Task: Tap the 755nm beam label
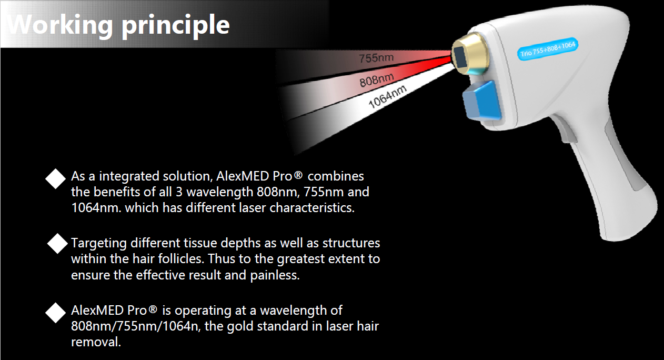click(376, 58)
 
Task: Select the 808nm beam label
click(377, 80)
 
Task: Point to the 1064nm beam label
click(387, 97)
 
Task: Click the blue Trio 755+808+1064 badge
click(548, 49)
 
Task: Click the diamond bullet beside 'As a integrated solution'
click(55, 179)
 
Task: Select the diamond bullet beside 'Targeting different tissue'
click(57, 244)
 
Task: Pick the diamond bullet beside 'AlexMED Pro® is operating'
click(55, 313)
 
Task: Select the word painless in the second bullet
click(275, 275)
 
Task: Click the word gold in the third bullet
click(239, 327)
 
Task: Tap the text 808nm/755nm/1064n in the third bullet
click(135, 326)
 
